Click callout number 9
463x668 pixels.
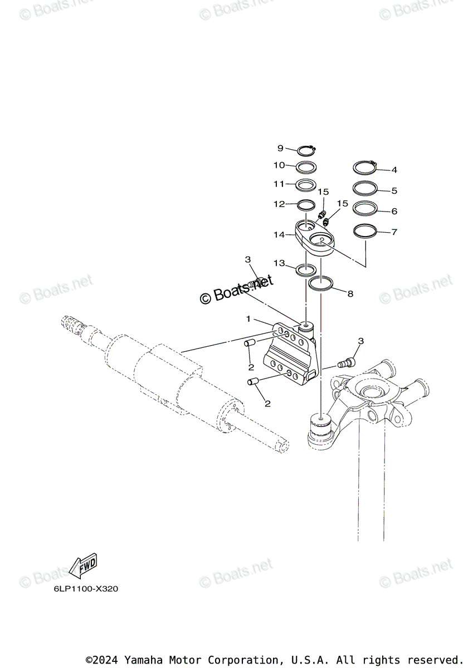click(x=281, y=148)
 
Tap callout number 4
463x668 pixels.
click(x=394, y=170)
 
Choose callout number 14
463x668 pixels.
click(x=279, y=235)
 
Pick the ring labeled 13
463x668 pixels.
click(x=306, y=271)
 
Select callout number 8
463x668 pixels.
click(x=350, y=294)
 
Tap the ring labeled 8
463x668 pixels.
click(x=321, y=283)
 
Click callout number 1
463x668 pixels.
click(x=248, y=319)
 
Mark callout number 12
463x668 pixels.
click(x=279, y=204)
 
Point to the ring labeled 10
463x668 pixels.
click(x=306, y=166)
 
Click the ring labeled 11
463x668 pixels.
click(x=306, y=185)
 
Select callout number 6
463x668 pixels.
click(x=394, y=212)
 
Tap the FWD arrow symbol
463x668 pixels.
click(x=83, y=567)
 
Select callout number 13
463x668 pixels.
click(x=279, y=263)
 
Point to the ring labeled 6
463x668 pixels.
click(x=365, y=208)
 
